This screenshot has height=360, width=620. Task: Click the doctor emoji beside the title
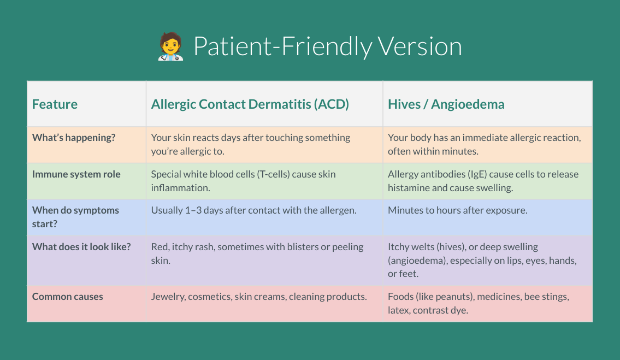(x=170, y=46)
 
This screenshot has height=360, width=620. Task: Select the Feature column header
(x=55, y=104)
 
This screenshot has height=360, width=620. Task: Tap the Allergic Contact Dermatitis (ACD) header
(x=250, y=104)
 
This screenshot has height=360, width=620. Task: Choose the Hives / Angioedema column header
(x=446, y=104)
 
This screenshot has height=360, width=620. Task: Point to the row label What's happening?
(x=74, y=137)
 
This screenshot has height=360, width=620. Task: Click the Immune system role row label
(x=76, y=174)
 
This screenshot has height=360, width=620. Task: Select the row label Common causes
(x=68, y=296)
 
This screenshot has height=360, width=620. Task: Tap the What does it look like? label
(x=81, y=246)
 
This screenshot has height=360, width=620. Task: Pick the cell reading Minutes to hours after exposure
(x=457, y=210)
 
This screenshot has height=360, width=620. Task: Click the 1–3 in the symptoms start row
(x=193, y=210)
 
